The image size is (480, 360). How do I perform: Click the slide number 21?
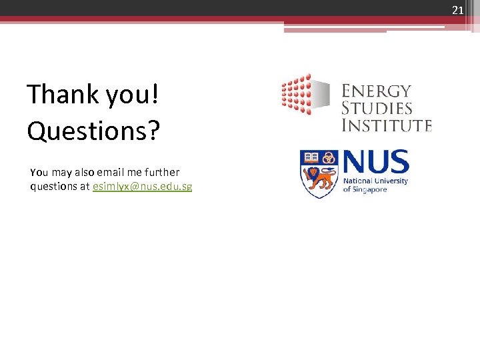pyautogui.click(x=457, y=9)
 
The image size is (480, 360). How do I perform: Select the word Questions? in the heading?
pyautogui.click(x=93, y=131)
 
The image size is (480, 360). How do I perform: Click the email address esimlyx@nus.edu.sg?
pyautogui.click(x=143, y=187)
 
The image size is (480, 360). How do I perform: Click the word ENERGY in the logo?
pyautogui.click(x=377, y=91)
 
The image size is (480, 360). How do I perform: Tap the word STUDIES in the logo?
pyautogui.click(x=377, y=108)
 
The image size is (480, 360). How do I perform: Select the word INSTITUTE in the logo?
pyautogui.click(x=387, y=125)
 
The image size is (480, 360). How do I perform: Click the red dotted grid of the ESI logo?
pyautogui.click(x=296, y=94)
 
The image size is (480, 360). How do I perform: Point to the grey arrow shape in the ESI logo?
pyautogui.click(x=321, y=94)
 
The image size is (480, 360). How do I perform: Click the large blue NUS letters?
pyautogui.click(x=375, y=163)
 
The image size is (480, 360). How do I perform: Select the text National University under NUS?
pyautogui.click(x=375, y=181)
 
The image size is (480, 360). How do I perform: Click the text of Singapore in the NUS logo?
pyautogui.click(x=365, y=189)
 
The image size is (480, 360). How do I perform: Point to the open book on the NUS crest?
pyautogui.click(x=310, y=158)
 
